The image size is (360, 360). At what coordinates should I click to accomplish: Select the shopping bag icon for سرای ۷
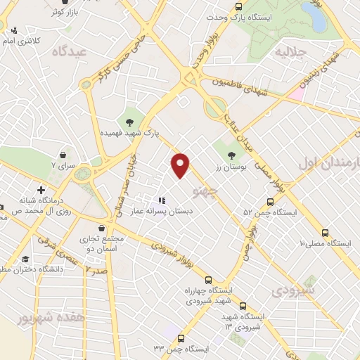click(65, 155)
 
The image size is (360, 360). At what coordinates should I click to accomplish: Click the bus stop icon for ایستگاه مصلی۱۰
click(324, 233)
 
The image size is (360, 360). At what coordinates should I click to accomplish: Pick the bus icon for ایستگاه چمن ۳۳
click(181, 338)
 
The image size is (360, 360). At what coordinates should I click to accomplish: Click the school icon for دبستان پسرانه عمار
click(162, 200)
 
